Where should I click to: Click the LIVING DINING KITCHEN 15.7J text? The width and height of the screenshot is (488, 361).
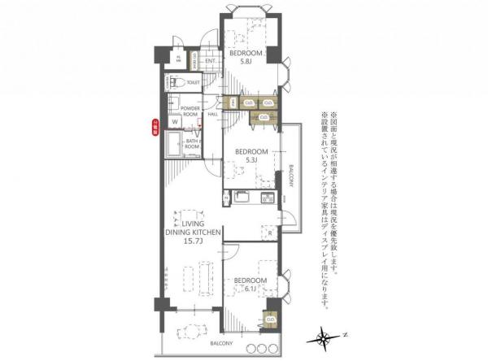[193, 233]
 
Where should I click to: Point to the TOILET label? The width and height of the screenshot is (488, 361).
[193, 83]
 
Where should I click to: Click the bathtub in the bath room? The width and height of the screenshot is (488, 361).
[174, 147]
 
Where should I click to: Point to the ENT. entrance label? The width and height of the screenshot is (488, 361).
[210, 61]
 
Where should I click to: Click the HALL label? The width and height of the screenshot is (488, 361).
[212, 114]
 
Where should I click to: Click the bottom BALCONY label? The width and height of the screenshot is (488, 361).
[224, 344]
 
